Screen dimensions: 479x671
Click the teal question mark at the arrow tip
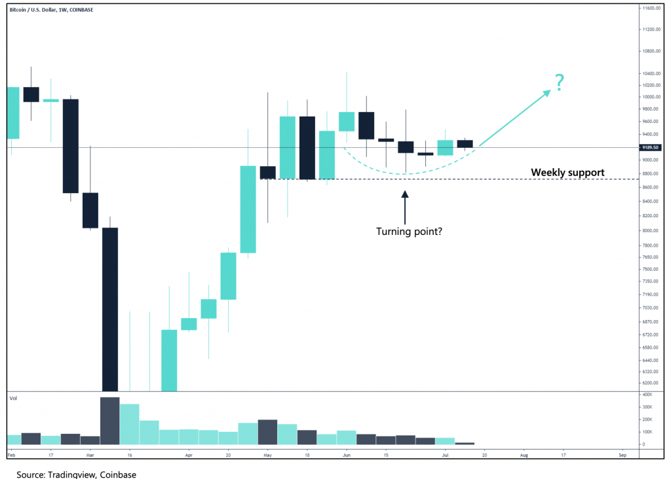click(x=560, y=83)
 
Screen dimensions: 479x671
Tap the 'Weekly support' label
click(x=567, y=173)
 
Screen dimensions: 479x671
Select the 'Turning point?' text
click(x=409, y=231)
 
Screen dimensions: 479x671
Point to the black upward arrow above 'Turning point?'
click(x=404, y=205)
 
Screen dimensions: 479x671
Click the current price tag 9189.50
click(x=651, y=148)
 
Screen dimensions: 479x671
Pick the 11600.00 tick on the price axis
click(x=651, y=9)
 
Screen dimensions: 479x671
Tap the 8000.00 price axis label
click(x=651, y=231)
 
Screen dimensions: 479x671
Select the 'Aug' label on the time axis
click(x=524, y=453)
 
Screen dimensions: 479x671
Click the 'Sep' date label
click(x=623, y=453)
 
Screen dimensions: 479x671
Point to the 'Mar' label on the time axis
click(x=90, y=453)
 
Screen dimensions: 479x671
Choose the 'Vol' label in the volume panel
click(x=12, y=398)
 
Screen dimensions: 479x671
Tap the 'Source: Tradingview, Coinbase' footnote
click(x=77, y=473)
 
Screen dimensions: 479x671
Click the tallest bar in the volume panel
click(x=109, y=421)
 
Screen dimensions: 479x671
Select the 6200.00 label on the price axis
click(x=651, y=383)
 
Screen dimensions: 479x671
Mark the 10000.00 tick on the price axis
click(x=651, y=97)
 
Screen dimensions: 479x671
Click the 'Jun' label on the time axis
click(x=347, y=453)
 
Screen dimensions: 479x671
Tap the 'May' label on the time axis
click(x=267, y=453)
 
